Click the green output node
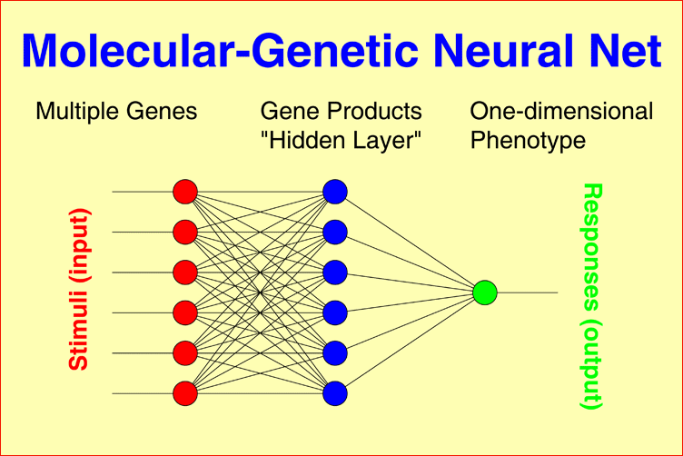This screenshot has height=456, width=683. click(x=485, y=292)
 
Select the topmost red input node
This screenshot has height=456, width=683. click(x=185, y=192)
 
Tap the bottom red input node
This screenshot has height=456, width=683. click(x=185, y=393)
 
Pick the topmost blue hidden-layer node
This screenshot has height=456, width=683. click(x=335, y=192)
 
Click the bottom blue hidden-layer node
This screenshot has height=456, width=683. click(x=335, y=393)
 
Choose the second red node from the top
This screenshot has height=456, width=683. click(x=185, y=232)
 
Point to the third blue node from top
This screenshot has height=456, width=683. click(x=335, y=272)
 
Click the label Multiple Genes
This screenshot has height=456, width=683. click(x=116, y=112)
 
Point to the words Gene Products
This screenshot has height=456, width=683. click(x=341, y=112)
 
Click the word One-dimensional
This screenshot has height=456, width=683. click(x=561, y=112)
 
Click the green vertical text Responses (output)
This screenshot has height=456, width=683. click(x=591, y=296)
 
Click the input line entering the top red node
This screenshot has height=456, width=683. click(x=142, y=192)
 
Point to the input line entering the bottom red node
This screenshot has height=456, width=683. click(x=142, y=393)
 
